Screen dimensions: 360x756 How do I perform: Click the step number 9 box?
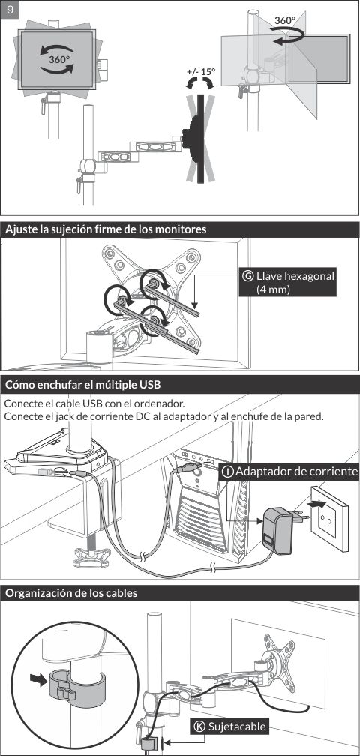10,10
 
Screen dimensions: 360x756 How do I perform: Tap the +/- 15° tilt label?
201,72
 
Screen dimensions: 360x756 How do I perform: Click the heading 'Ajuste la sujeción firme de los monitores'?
106,229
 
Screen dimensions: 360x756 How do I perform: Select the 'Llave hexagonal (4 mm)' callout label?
288,283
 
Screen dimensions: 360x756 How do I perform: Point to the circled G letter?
249,276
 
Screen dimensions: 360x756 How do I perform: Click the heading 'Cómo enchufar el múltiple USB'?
82,385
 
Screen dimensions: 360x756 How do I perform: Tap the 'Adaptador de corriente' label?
289,471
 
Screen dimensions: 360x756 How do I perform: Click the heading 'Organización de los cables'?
71,593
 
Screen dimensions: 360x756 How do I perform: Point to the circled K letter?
199,727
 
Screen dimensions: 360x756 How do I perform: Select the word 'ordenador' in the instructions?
165,403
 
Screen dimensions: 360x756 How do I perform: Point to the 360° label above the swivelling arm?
285,20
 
